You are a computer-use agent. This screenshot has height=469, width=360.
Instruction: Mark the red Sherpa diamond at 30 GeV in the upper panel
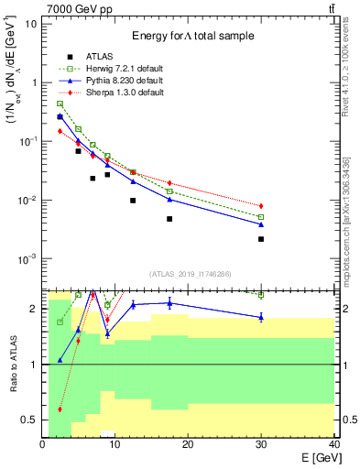pyautogui.click(x=261, y=206)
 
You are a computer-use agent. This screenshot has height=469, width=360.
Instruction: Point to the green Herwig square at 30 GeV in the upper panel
pyautogui.click(x=261, y=217)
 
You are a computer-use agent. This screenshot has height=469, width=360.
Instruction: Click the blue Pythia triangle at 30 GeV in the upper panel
pyautogui.click(x=261, y=224)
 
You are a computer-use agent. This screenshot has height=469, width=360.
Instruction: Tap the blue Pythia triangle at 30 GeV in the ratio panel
pyautogui.click(x=261, y=317)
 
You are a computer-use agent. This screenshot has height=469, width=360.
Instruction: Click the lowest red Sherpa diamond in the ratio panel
pyautogui.click(x=60, y=409)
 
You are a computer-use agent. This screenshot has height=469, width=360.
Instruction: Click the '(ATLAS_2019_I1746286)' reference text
pyautogui.click(x=191, y=274)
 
